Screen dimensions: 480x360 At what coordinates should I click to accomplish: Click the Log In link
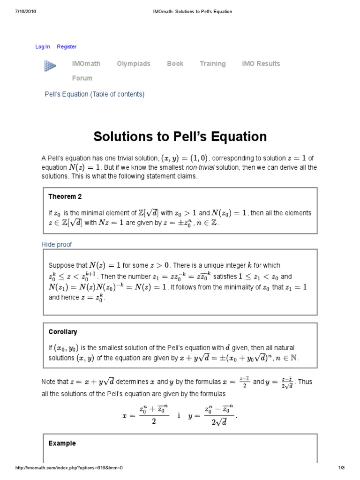tap(43, 46)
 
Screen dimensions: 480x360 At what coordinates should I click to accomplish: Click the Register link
tap(67, 46)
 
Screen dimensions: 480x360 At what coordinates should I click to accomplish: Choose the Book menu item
tap(175, 64)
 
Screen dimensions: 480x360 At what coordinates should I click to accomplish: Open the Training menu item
tap(212, 64)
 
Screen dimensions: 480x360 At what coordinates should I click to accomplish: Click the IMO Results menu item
tap(261, 64)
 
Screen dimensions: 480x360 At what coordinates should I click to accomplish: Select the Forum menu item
tap(82, 78)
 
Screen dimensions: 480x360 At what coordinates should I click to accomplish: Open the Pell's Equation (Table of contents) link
tap(94, 94)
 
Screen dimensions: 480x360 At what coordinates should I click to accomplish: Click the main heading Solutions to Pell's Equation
tap(180, 136)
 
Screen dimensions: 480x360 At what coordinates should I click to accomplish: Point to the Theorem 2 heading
tap(65, 196)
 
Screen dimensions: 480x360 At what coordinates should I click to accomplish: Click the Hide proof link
tap(57, 245)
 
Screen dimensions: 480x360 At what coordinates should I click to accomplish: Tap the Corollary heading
tap(62, 332)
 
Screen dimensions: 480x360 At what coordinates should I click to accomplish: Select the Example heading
tap(62, 443)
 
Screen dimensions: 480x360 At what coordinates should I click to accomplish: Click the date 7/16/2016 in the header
tap(25, 11)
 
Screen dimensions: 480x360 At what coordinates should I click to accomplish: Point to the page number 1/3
tap(341, 468)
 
